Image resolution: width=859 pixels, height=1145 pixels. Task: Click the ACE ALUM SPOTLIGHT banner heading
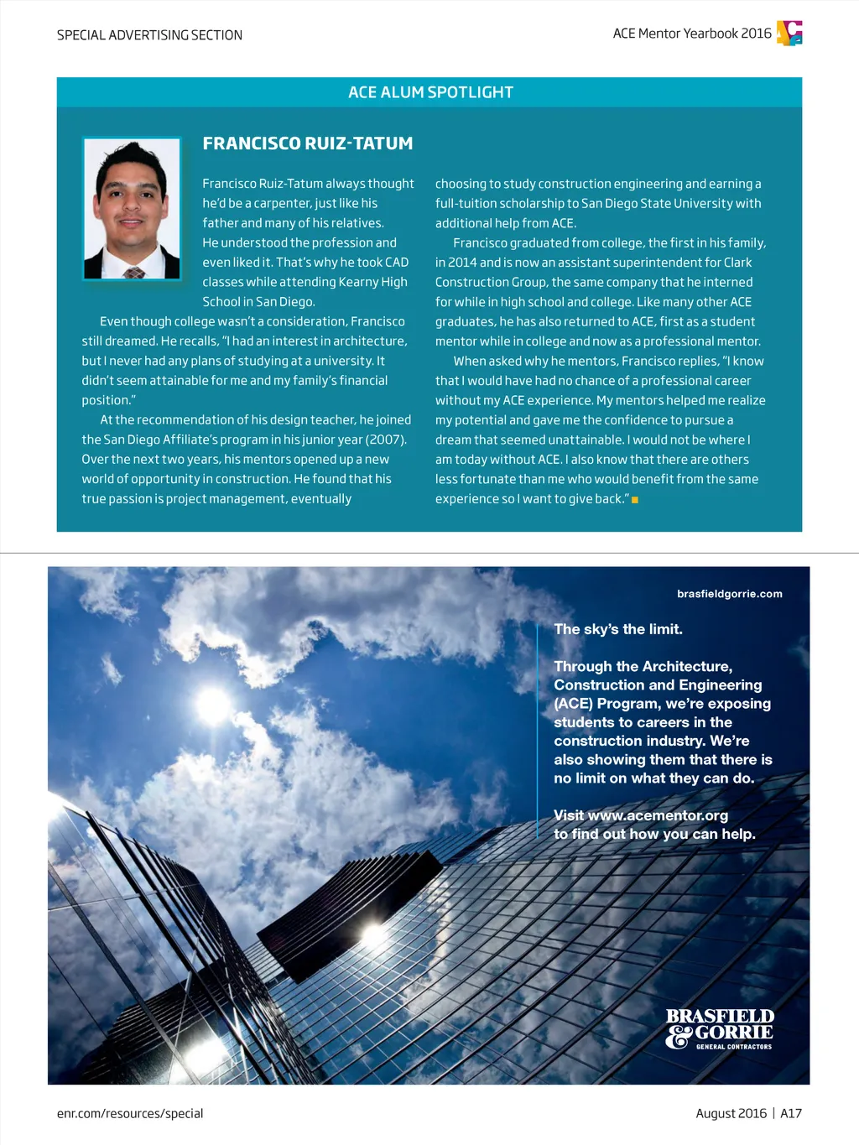tap(430, 92)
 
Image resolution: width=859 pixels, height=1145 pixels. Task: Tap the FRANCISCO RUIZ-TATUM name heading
tap(308, 143)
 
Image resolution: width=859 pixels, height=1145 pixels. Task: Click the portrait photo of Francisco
tap(132, 208)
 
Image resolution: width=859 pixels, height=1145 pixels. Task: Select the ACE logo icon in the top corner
tap(789, 33)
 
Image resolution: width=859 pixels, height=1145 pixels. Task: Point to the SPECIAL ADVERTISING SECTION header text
tap(149, 35)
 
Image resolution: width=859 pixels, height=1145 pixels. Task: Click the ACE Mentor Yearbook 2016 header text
tap(692, 34)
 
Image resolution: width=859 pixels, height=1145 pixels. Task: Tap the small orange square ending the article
tap(635, 500)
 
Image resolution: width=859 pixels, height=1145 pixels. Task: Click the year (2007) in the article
tap(386, 440)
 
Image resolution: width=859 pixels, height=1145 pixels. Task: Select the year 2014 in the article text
tap(462, 263)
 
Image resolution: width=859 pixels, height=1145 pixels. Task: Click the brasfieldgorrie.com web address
tap(729, 594)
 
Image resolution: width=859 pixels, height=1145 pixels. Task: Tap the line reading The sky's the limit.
tap(618, 629)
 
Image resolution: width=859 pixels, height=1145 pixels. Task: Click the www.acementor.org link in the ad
tap(658, 815)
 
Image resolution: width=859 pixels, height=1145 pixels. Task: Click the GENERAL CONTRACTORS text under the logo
tap(734, 1047)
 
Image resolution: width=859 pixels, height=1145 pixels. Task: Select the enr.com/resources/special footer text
tap(130, 1113)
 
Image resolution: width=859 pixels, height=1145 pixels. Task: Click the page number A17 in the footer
tap(791, 1113)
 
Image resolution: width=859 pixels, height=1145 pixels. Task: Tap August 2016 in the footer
tap(731, 1113)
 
